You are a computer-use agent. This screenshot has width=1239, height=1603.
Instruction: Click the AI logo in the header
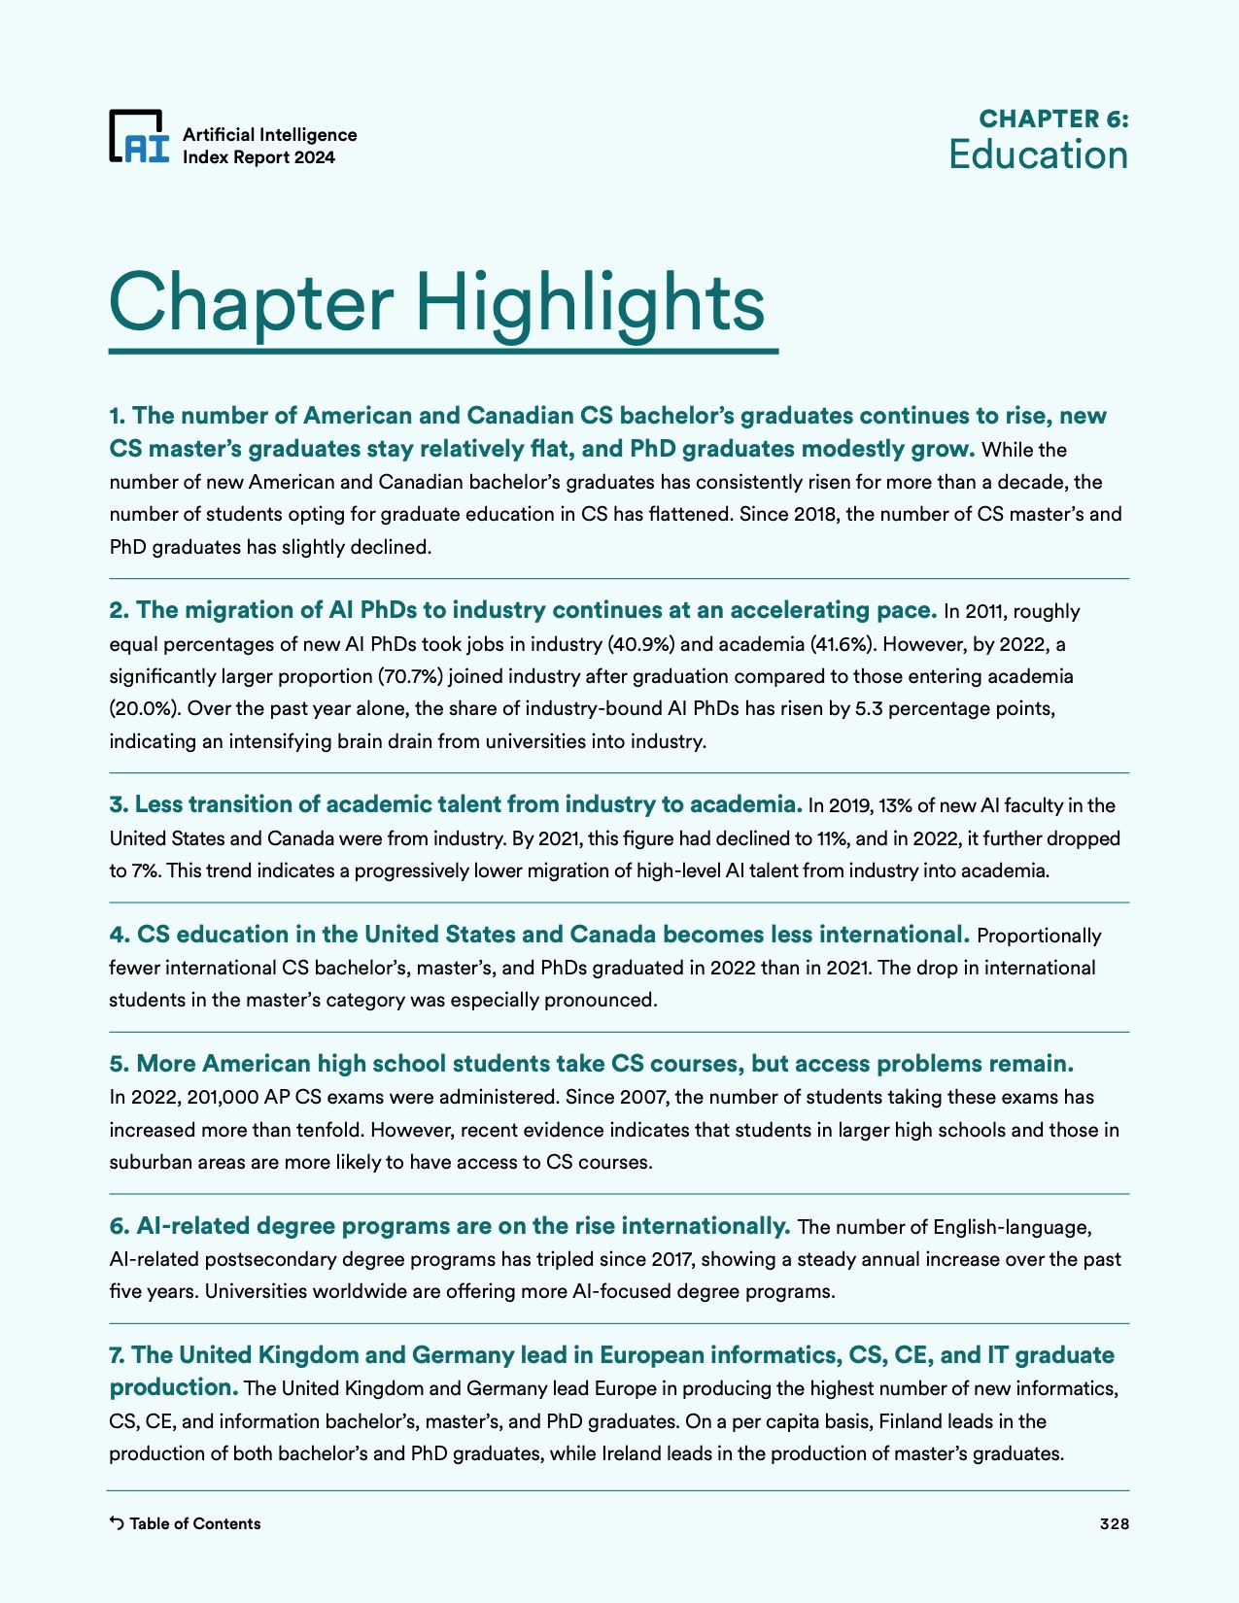click(x=139, y=136)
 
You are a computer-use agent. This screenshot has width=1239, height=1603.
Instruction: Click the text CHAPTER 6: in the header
click(x=1053, y=119)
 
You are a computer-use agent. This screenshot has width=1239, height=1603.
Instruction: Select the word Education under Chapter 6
click(x=1038, y=155)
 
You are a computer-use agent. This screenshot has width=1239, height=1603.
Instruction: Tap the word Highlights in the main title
click(x=590, y=302)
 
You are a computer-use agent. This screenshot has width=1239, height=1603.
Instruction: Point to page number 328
click(x=1114, y=1523)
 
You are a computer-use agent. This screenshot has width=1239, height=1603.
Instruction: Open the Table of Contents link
click(x=194, y=1523)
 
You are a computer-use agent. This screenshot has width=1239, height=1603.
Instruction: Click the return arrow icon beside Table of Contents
click(x=117, y=1523)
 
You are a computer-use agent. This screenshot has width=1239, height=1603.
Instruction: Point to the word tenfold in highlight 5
click(x=327, y=1130)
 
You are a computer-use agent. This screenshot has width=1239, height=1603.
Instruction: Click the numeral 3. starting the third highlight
click(x=119, y=804)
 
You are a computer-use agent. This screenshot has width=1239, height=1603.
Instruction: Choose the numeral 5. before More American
click(x=120, y=1064)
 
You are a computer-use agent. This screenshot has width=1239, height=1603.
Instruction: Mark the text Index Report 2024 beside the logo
click(x=258, y=157)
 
